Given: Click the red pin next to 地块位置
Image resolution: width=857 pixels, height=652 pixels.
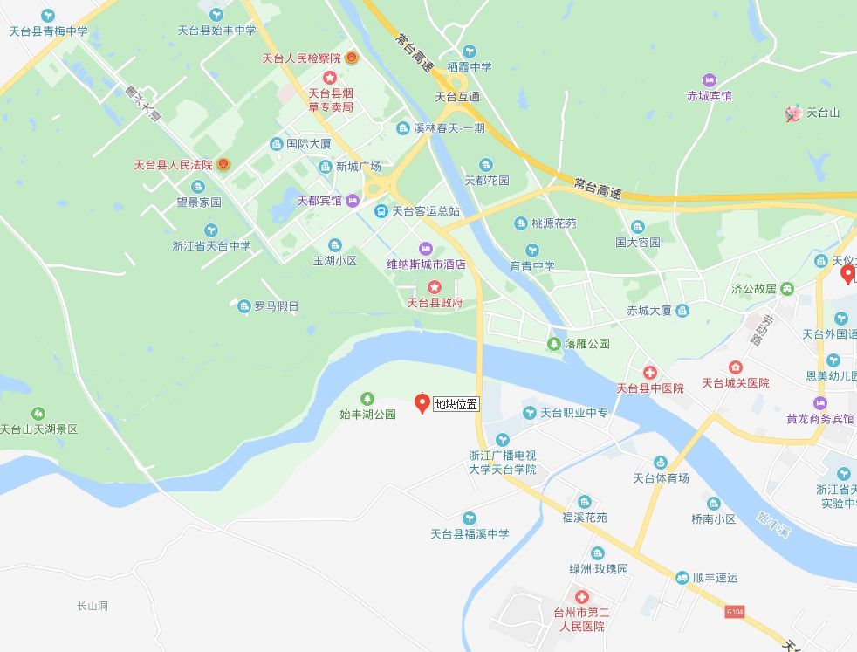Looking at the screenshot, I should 422,402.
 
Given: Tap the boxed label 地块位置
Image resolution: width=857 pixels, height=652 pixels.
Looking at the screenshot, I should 456,404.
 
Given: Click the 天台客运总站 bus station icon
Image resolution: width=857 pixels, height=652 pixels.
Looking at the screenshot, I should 381,211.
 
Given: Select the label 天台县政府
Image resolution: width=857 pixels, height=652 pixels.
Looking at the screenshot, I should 435,303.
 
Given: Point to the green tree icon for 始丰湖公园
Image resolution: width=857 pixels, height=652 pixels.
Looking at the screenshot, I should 367,398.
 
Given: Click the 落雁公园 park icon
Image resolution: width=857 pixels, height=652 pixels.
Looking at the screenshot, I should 554,344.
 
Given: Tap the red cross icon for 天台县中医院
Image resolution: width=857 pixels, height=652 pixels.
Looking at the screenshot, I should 649,373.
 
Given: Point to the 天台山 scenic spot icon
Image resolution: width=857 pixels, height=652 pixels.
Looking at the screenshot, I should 793,113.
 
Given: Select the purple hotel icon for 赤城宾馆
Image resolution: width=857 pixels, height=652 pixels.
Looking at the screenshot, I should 709,80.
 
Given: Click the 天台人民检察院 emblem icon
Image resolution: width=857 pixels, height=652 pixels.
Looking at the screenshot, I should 352,58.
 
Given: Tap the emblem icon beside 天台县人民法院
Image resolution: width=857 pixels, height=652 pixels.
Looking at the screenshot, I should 223,164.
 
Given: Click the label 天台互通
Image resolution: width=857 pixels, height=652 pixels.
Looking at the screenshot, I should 457,97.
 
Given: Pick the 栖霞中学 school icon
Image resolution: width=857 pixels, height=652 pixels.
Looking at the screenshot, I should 470,51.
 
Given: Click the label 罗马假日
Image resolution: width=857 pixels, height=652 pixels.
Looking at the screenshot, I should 276,306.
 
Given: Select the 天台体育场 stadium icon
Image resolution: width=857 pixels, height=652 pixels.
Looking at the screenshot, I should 661,463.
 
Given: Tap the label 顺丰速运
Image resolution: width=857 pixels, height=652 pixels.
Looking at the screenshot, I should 716,578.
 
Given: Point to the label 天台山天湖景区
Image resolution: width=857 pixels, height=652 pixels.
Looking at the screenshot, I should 38,429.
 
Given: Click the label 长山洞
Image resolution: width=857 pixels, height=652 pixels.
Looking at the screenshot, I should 92,606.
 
